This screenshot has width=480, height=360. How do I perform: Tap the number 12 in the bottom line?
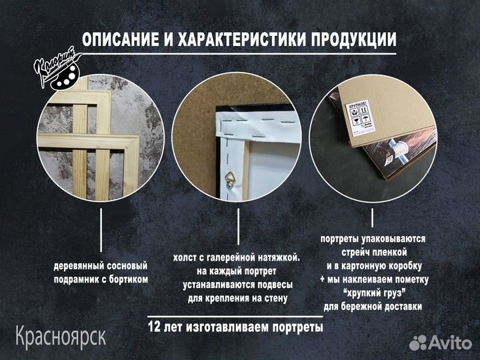(x=155, y=328)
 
